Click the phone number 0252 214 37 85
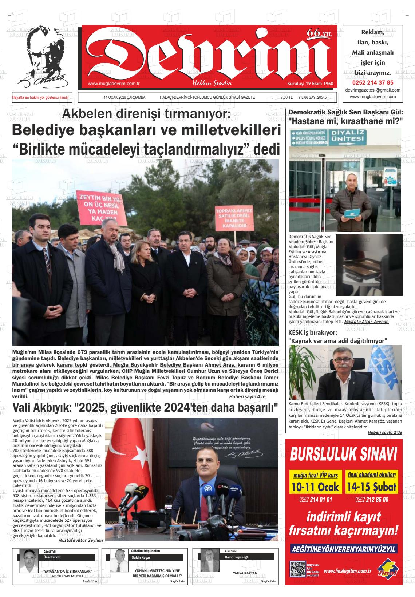372,82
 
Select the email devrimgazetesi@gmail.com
372,90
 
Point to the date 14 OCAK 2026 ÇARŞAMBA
125,97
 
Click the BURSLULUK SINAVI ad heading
344,454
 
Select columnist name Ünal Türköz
52,557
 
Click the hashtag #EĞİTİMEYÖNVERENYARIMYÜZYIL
344,549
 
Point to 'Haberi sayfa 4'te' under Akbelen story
247,396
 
